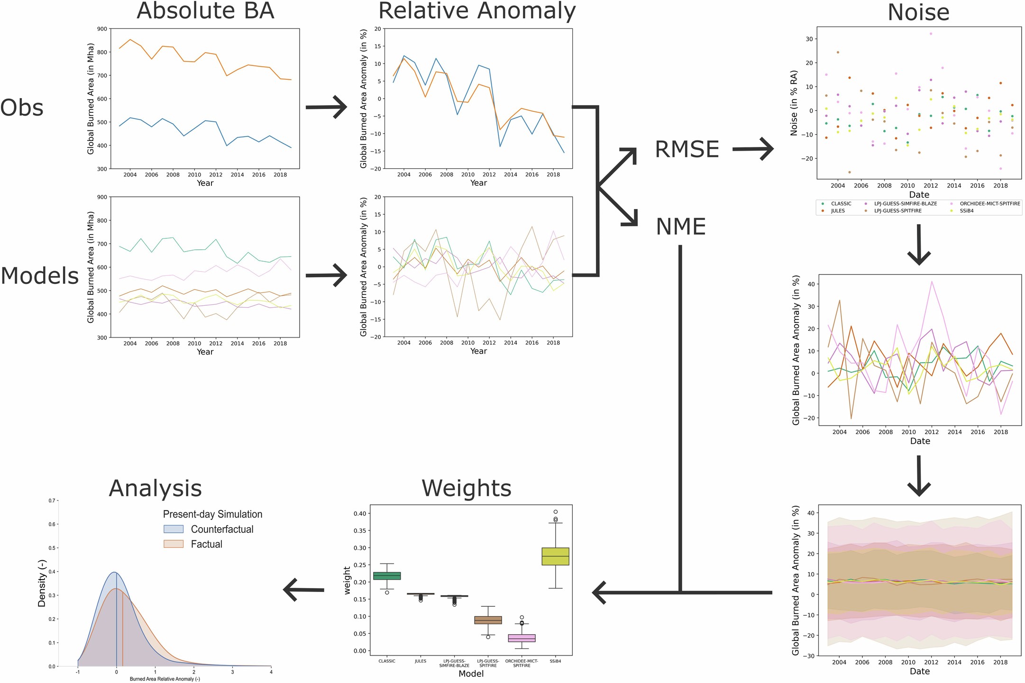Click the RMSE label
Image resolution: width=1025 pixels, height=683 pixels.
coord(686,150)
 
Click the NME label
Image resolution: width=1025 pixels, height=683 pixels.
coord(680,227)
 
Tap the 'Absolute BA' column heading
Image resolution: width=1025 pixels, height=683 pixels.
coord(205,11)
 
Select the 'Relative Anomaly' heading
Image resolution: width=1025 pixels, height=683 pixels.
coord(476,11)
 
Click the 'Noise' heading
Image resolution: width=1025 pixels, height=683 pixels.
coord(918,13)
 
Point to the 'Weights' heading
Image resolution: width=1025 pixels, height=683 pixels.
coord(466,488)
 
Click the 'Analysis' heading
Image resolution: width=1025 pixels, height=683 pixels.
coord(155,488)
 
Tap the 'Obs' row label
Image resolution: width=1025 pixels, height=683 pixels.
coord(22,108)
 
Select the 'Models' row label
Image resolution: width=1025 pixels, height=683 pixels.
coord(39,276)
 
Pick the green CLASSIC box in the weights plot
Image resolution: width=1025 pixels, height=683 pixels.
coord(387,576)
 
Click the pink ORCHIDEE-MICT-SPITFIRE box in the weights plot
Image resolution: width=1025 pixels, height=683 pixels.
coord(522,638)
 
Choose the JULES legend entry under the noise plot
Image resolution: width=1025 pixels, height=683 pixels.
coord(837,211)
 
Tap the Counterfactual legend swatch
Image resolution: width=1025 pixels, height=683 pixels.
coord(174,529)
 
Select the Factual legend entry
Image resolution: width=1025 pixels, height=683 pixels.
coord(206,545)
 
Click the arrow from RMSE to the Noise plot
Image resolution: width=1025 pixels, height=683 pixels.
coord(753,149)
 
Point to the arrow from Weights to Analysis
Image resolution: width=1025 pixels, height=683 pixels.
coord(303,590)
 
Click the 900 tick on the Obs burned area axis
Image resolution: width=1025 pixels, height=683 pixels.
coord(102,29)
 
